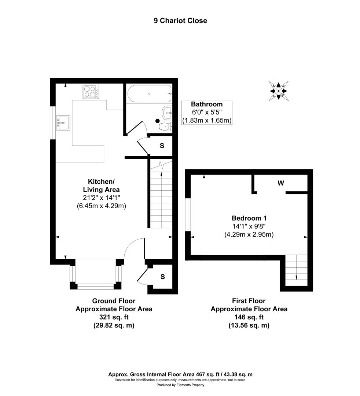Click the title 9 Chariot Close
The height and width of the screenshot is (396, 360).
pos(180,21)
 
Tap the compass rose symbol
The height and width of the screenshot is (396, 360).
pos(278,90)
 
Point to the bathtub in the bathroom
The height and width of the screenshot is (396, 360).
pos(149,93)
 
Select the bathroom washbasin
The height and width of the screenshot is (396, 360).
pos(167,112)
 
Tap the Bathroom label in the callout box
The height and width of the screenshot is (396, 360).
pos(207,104)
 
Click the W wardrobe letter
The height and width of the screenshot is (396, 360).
pos(281,183)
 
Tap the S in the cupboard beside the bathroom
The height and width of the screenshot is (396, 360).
pos(161,145)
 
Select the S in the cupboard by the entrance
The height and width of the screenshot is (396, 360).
pos(162,276)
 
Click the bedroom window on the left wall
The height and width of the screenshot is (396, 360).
pos(188,215)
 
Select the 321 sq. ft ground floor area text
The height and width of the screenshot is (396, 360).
pos(114,317)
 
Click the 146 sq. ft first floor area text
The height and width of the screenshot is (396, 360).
pos(249,317)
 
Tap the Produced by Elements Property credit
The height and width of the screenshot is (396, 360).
pos(180,385)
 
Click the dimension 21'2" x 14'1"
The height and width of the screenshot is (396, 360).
pos(101,198)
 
